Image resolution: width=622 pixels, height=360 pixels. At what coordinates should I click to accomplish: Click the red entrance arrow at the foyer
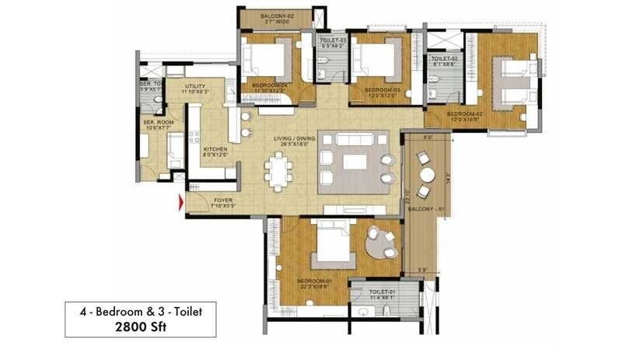[181, 203]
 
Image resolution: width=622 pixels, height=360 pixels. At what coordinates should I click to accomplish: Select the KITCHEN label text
[215, 149]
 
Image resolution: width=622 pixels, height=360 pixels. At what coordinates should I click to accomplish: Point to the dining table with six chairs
[278, 170]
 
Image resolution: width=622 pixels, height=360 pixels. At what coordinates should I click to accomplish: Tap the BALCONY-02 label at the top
[275, 16]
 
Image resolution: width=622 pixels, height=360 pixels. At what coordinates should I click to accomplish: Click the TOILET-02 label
[444, 58]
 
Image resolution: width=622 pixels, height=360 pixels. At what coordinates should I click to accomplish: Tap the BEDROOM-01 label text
[314, 281]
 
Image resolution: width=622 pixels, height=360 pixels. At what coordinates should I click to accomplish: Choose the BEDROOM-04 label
[267, 86]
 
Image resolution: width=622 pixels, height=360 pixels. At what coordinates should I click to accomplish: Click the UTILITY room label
[195, 86]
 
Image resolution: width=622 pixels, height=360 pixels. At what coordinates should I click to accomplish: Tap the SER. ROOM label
[158, 122]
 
